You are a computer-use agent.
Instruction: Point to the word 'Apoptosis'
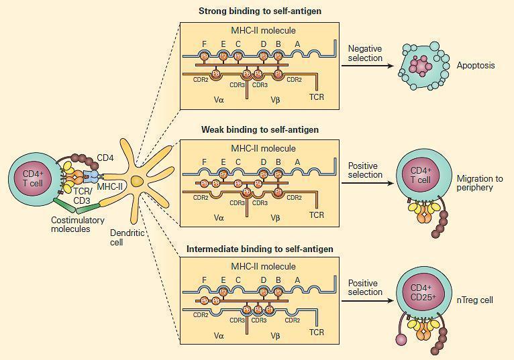pyautogui.click(x=476, y=66)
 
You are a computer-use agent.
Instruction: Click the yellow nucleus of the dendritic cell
pyautogui.click(x=138, y=180)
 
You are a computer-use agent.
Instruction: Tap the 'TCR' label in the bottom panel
pyautogui.click(x=317, y=332)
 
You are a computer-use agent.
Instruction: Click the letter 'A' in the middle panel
pyautogui.click(x=297, y=161)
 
